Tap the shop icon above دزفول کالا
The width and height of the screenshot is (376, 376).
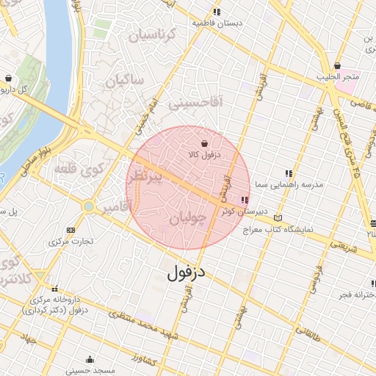coord(204,143)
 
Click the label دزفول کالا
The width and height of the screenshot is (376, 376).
coord(214,156)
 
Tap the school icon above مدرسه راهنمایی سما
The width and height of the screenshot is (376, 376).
coord(288,173)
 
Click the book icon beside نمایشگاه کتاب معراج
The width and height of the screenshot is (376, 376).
coord(277,218)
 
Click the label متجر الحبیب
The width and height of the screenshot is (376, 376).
coord(341,77)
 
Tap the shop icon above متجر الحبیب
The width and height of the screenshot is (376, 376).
coord(337,66)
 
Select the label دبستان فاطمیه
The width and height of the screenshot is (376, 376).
coord(217,23)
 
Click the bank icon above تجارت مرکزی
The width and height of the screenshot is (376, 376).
coord(70,230)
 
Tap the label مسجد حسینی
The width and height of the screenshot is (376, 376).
coord(90,370)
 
